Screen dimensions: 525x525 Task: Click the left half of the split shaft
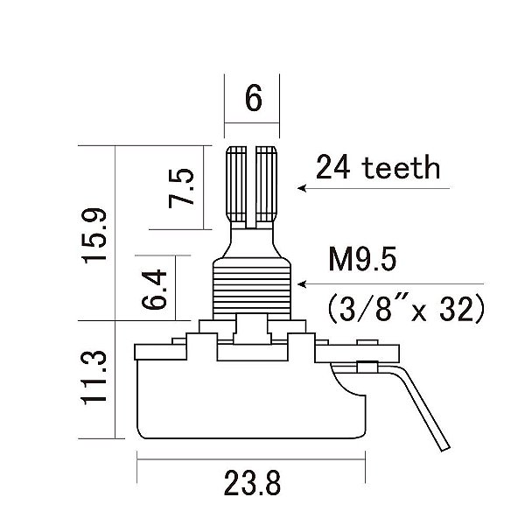238,184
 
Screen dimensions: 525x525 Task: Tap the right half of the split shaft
267,184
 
